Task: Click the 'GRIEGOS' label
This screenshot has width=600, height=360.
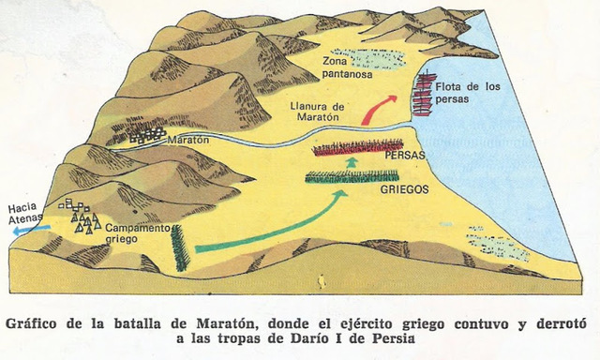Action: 404,188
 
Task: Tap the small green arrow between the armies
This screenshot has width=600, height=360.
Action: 352,162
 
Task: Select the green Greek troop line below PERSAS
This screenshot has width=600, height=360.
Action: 352,176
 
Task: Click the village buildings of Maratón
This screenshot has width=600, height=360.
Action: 145,135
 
